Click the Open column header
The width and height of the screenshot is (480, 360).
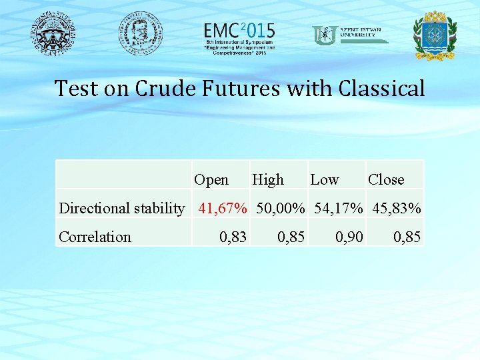point(211,179)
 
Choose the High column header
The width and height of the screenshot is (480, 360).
point(268,179)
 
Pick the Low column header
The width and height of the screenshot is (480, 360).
point(325,179)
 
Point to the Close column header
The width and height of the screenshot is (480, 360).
point(386,179)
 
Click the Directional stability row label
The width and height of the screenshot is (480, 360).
point(122,208)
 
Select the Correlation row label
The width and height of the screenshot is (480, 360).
point(95,237)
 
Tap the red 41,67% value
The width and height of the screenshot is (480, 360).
point(223,208)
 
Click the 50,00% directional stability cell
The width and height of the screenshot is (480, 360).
point(279,208)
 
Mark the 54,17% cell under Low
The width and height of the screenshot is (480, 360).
point(337,208)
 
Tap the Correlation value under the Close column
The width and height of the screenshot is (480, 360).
point(407,237)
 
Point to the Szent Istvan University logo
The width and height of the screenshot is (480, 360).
point(350,35)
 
